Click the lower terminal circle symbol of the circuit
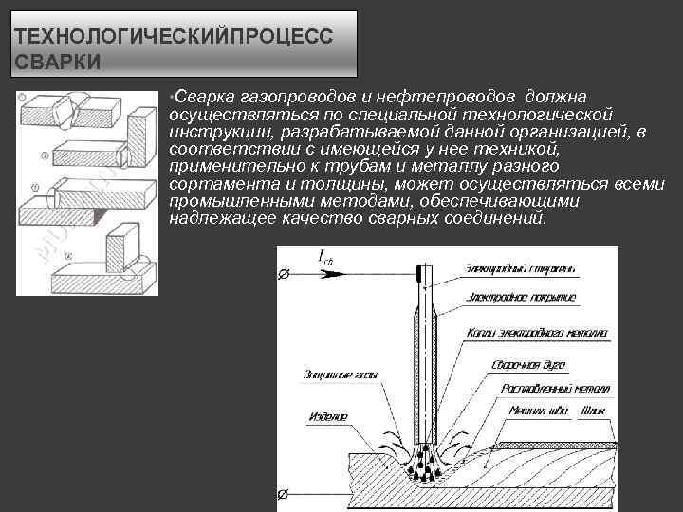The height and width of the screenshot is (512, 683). tap(282, 495)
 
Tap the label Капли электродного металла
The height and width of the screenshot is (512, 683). tap(537, 333)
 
